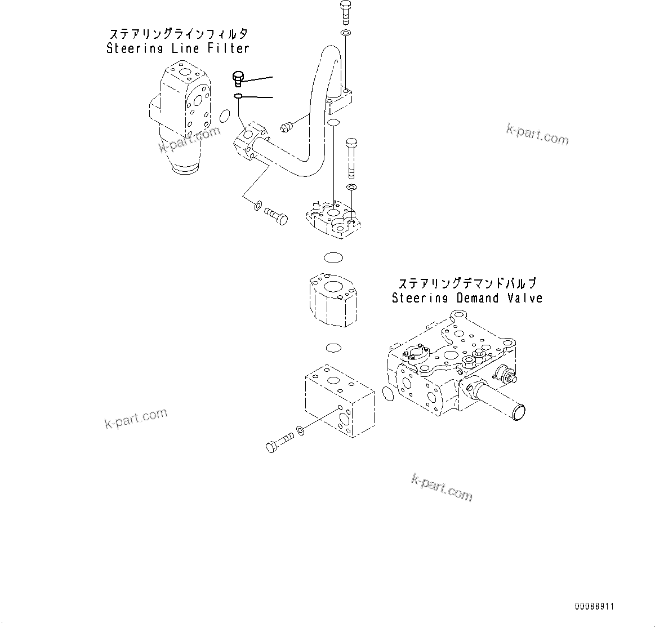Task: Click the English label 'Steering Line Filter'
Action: click(178, 48)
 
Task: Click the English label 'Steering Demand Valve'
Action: click(467, 298)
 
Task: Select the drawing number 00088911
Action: click(594, 607)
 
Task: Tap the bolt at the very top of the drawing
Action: click(345, 13)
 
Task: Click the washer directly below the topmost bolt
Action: click(345, 34)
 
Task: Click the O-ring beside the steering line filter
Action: click(224, 116)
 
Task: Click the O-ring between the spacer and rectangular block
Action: click(332, 346)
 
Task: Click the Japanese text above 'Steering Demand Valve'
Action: click(467, 283)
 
